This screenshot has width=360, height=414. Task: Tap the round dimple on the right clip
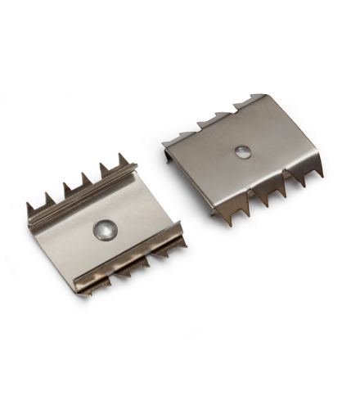[242, 151]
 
